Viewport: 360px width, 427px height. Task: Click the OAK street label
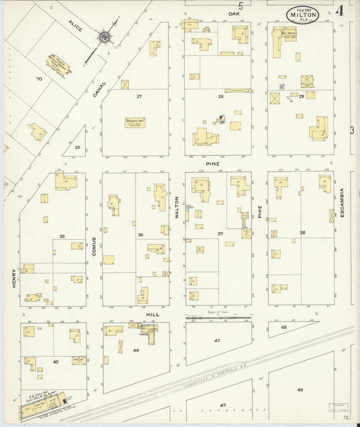tap(234, 14)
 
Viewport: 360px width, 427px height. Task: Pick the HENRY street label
tap(13, 278)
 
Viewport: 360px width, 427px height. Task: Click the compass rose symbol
tap(105, 36)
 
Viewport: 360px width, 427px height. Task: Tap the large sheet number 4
tap(338, 11)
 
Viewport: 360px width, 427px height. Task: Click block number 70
tap(39, 79)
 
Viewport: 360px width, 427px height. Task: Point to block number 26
tap(78, 147)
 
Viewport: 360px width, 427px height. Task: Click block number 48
tap(299, 390)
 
